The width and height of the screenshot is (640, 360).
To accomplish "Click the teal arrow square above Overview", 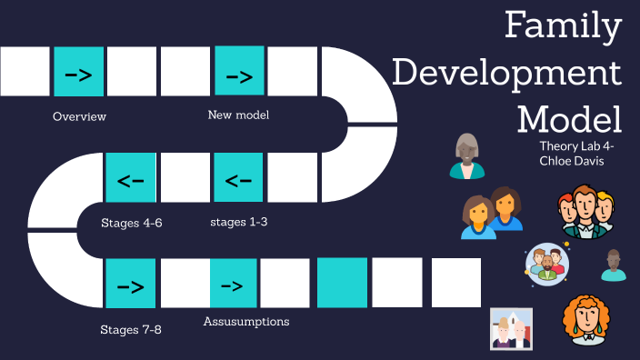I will (x=78, y=72).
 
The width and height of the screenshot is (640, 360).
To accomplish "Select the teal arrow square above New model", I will (x=239, y=72).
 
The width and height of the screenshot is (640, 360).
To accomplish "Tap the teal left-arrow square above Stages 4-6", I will (x=130, y=177).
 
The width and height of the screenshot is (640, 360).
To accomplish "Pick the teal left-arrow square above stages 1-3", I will (x=238, y=177).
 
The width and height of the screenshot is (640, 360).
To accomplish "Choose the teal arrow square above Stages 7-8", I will (x=130, y=284).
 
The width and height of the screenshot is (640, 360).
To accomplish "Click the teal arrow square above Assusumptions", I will (x=234, y=284).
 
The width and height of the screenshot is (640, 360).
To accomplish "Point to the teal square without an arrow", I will (x=342, y=283).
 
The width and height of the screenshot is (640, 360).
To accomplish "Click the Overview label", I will (x=79, y=116).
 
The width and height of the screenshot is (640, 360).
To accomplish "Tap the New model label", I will (x=238, y=115).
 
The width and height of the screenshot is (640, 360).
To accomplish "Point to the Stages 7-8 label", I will (x=131, y=328).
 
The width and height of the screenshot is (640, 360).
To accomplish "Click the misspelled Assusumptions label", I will (x=246, y=321).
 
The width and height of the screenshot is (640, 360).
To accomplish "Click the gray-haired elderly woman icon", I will (x=467, y=156).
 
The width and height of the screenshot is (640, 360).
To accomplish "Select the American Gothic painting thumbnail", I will (x=511, y=328).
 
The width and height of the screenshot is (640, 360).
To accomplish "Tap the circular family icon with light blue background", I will (x=546, y=265).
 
